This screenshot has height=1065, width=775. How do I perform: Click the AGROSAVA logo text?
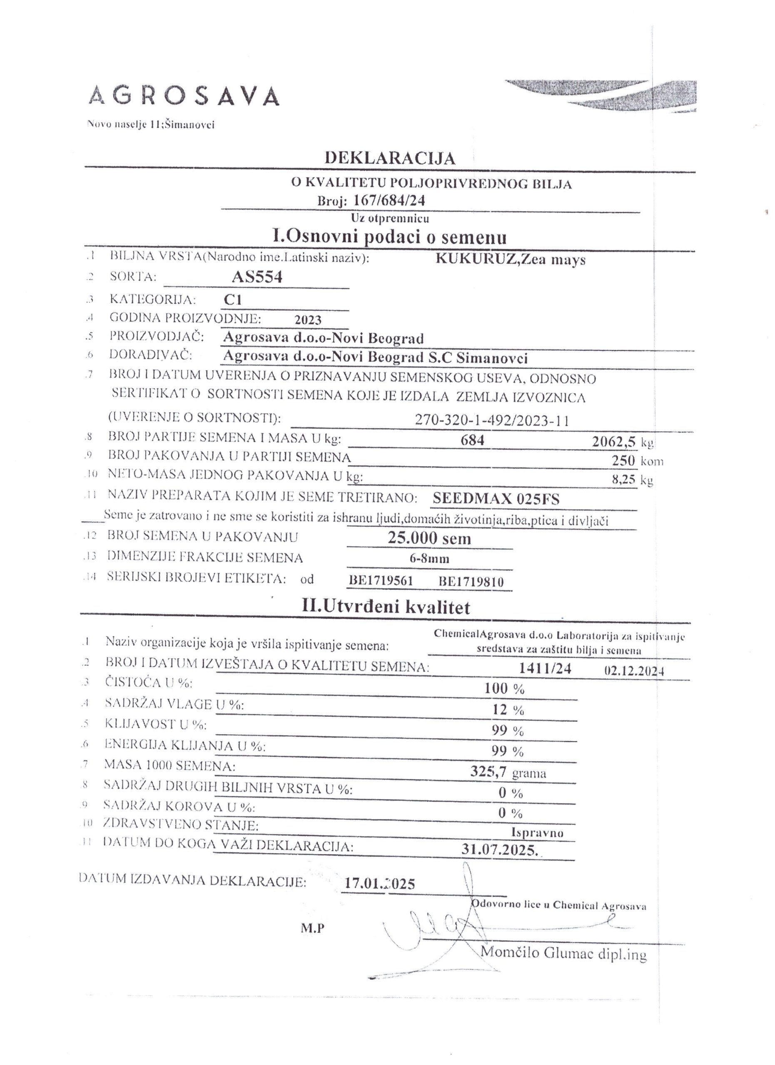coord(184,96)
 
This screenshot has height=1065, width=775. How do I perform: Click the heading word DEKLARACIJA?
coord(390,158)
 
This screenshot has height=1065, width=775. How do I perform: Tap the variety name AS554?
coord(257,277)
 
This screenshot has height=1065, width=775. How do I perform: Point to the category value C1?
coord(233,300)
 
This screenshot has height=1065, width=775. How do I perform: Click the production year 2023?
coord(308,320)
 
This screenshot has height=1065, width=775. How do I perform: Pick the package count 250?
coord(623,460)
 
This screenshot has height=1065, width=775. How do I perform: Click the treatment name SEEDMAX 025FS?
coord(496,499)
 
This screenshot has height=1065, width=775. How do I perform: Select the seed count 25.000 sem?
coord(429,537)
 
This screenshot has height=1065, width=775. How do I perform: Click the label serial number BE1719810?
coord(471,582)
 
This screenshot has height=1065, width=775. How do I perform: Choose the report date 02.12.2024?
coord(634,671)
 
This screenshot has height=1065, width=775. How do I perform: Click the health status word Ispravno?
coord(537,832)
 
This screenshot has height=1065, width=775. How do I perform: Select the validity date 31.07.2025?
coord(500,850)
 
